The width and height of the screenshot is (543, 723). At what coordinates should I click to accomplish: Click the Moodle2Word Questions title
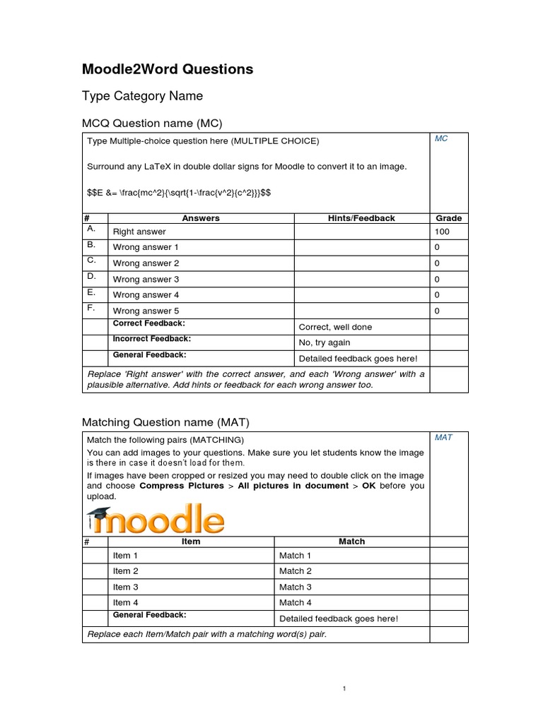tap(168, 69)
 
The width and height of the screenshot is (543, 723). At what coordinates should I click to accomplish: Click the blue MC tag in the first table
tap(441, 139)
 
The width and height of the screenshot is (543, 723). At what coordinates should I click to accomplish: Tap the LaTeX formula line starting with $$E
tap(178, 192)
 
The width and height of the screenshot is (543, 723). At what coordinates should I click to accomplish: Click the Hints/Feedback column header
tap(361, 219)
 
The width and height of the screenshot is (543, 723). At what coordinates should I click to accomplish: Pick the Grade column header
tap(448, 219)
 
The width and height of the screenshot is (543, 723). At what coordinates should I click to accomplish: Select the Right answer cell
tap(139, 232)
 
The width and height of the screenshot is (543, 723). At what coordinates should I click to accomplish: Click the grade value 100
tap(442, 232)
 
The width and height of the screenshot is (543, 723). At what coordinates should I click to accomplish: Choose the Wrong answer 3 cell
tap(146, 279)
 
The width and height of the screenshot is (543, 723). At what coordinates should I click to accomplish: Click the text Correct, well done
tap(335, 327)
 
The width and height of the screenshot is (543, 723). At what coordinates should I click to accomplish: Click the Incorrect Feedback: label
tap(151, 339)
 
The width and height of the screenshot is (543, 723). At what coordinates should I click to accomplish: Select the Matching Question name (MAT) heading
tap(165, 422)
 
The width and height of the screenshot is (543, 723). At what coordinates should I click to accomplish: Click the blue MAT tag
tap(443, 438)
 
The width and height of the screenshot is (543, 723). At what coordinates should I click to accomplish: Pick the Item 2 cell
tap(125, 571)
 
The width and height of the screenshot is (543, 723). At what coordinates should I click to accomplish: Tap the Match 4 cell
tap(295, 602)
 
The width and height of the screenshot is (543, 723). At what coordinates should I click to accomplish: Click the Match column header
tap(351, 542)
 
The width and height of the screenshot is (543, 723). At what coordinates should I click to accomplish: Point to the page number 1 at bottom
tap(344, 689)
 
